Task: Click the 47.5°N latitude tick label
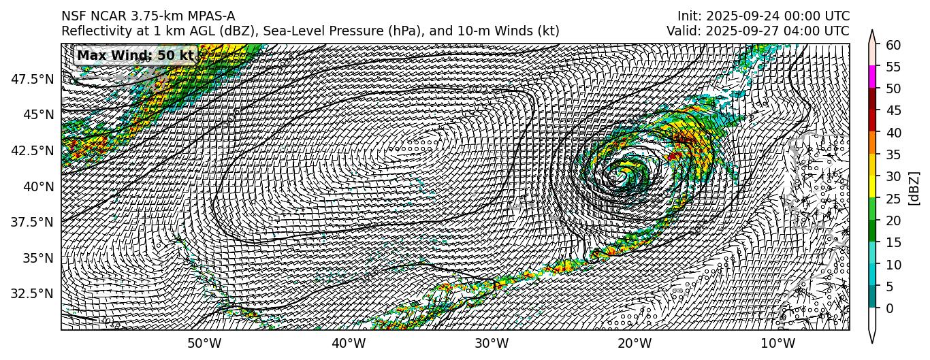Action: pyautogui.click(x=33, y=79)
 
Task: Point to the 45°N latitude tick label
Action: pyautogui.click(x=39, y=114)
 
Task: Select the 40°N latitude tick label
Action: pyautogui.click(x=39, y=186)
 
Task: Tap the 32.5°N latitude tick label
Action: pyautogui.click(x=33, y=294)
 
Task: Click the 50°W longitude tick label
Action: pyautogui.click(x=204, y=343)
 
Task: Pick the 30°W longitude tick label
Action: pyautogui.click(x=492, y=343)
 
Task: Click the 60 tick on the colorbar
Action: pyautogui.click(x=893, y=45)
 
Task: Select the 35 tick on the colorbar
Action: pyautogui.click(x=893, y=154)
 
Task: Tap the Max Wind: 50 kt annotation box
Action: pyautogui.click(x=135, y=55)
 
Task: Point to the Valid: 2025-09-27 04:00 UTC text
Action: pyautogui.click(x=758, y=31)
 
